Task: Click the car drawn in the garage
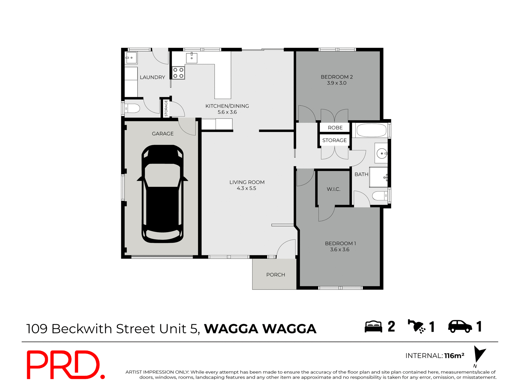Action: coord(162,194)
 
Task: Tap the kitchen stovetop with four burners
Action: coord(178,73)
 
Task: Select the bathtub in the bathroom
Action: coord(371,130)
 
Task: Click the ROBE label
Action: coord(335,128)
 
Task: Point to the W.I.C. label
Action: coord(333,189)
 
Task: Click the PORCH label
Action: coord(275,275)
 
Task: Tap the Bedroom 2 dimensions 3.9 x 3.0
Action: coord(337,83)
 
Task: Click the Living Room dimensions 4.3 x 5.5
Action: coord(246,188)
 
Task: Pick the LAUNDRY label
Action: coord(152,77)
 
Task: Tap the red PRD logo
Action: coord(65,365)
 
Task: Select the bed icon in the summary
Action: coord(373,327)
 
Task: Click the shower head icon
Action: coord(417,326)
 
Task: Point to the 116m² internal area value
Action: coord(454,356)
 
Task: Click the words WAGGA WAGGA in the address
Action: coord(260,329)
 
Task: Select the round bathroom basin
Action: coord(382,154)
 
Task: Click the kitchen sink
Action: coord(191,58)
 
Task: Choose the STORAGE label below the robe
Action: coord(334,140)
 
